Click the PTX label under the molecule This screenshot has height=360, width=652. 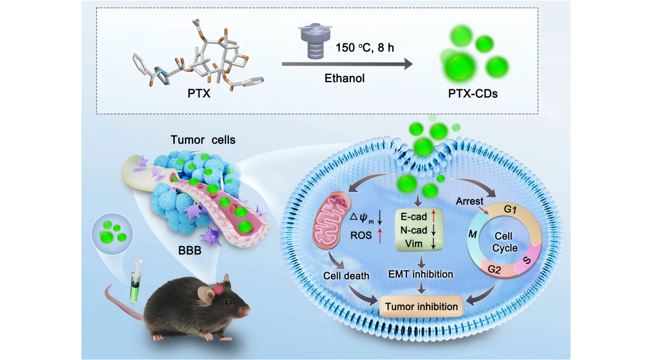click(x=199, y=93)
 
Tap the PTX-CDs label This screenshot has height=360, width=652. click(x=473, y=93)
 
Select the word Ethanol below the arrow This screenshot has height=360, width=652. click(x=345, y=78)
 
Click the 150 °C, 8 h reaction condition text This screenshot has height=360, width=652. click(x=365, y=48)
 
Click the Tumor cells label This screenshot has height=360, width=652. click(x=203, y=140)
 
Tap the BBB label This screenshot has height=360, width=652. click(x=189, y=250)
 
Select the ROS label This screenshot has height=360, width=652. click(x=361, y=236)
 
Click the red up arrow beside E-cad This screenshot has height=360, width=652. click(x=433, y=216)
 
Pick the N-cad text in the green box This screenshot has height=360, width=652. click(x=414, y=230)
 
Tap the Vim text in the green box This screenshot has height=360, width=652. click(x=414, y=244)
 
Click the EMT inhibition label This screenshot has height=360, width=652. click(x=421, y=274)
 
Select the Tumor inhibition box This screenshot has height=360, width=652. click(x=421, y=307)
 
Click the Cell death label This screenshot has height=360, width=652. click(x=346, y=276)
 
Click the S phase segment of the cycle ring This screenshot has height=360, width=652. click(x=527, y=260)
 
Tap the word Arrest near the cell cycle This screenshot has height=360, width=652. click(x=469, y=201)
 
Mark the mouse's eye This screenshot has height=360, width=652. click(x=228, y=303)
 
